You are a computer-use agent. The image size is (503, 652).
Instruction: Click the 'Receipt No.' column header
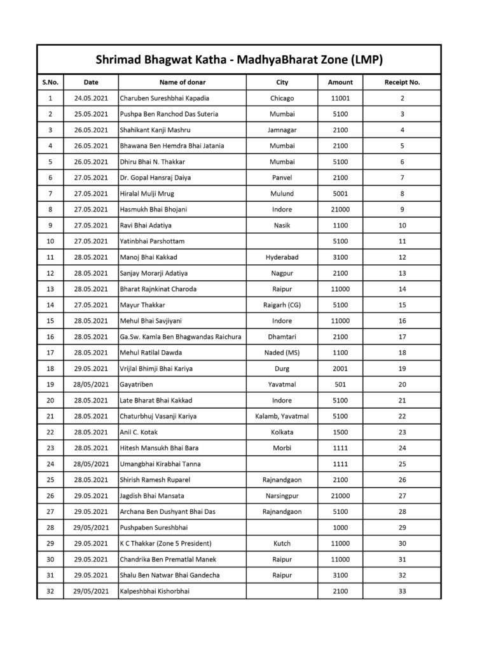pos(402,82)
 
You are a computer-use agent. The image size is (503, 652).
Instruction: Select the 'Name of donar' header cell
pos(182,82)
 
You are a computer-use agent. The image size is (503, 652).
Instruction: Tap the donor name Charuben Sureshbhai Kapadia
pos(164,98)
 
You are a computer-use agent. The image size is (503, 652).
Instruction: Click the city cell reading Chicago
pos(282,98)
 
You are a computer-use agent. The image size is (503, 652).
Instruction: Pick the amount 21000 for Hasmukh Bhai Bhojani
pos(340,209)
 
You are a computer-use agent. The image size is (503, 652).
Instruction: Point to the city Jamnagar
pos(282,130)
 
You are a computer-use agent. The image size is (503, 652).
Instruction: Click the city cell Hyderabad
pos(282,257)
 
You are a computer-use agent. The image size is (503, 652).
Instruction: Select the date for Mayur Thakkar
pos(91,305)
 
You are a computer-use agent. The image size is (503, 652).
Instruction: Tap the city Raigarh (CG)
pos(282,305)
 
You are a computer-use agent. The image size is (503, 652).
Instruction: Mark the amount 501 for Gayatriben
pos(340,385)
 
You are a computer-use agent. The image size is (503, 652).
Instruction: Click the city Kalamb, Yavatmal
pos(282,416)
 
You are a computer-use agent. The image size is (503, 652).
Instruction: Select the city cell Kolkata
pos(282,432)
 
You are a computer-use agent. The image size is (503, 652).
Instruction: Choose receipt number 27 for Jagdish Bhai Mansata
pos(402,496)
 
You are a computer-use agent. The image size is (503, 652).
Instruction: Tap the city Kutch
pos(282,544)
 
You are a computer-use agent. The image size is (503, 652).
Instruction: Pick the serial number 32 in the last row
pos(50,592)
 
